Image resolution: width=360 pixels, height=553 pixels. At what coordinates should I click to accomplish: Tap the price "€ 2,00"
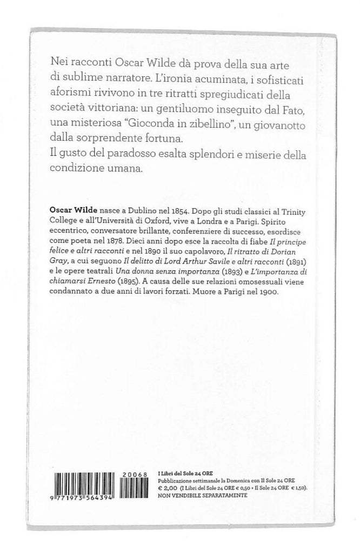[169, 487]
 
